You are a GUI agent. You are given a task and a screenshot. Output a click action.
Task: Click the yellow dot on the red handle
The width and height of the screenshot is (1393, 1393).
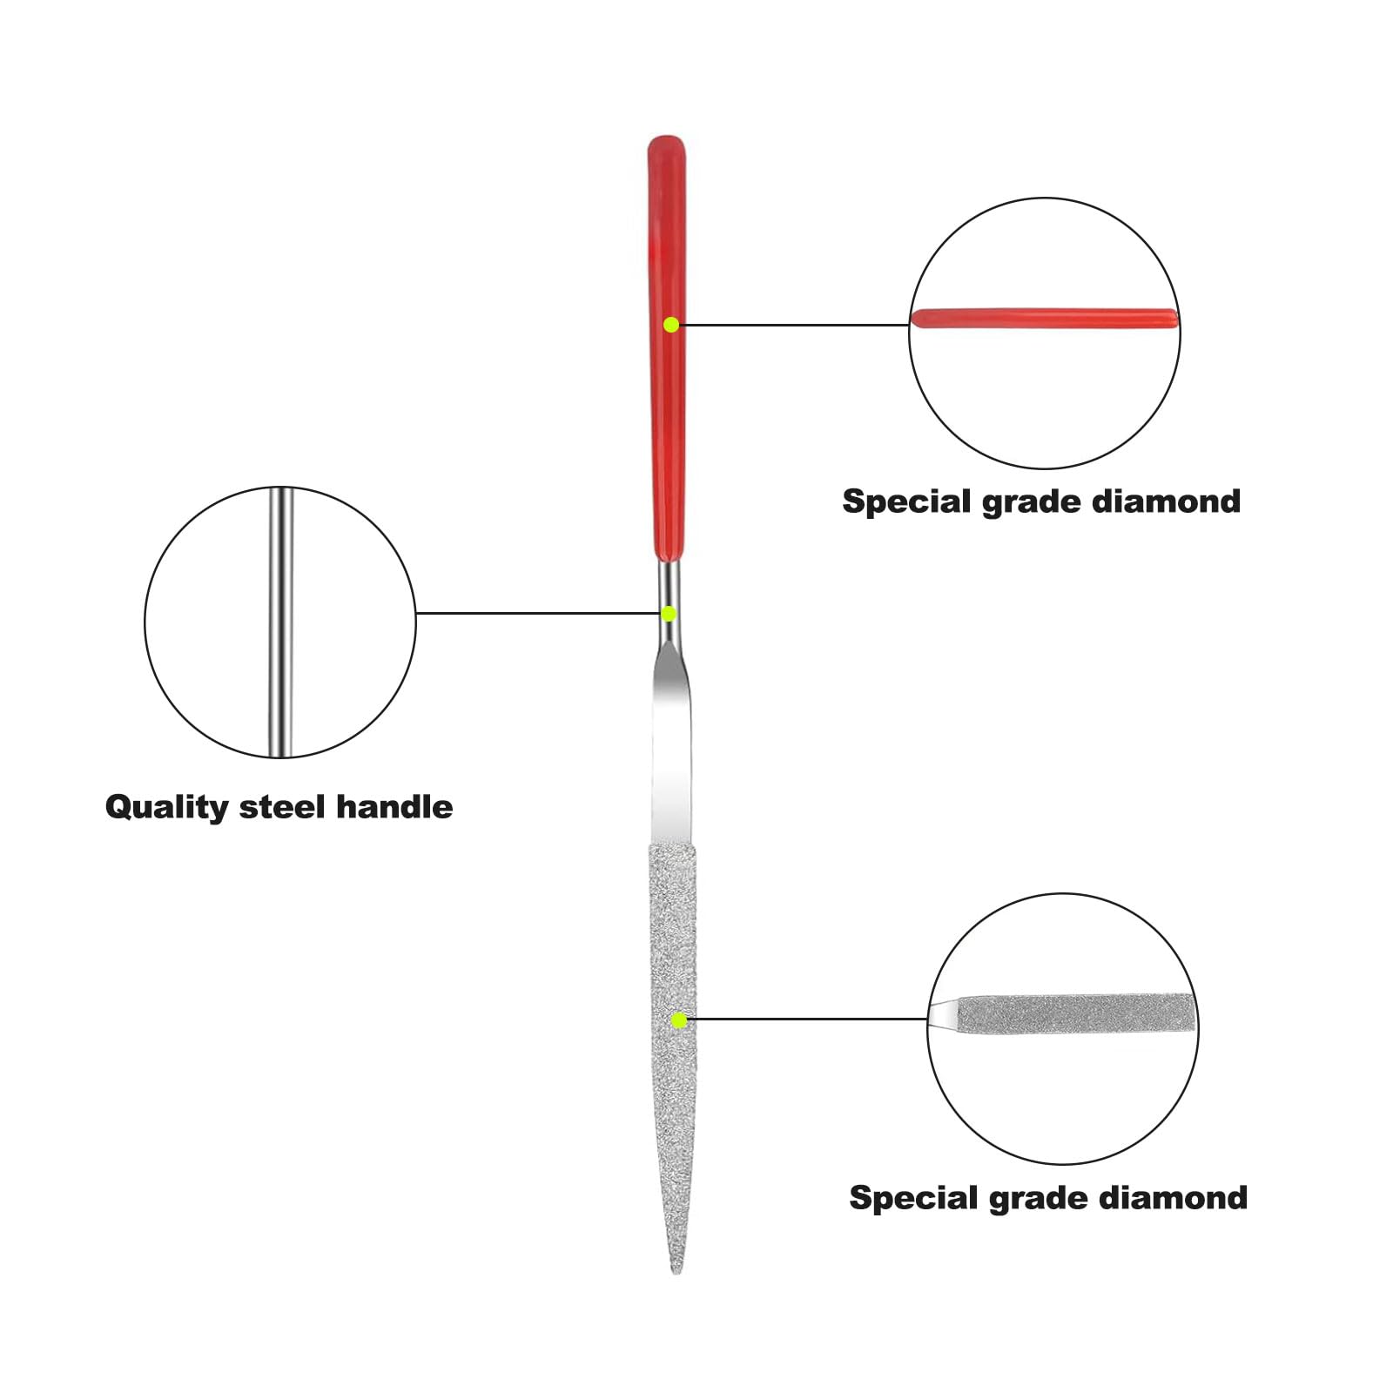671,325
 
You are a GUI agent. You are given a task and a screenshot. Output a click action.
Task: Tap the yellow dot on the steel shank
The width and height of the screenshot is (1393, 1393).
669,614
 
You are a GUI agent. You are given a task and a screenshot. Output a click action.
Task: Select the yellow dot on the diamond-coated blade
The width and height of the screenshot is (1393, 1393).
679,1020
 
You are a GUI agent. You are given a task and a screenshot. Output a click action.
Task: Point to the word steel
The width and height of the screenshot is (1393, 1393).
282,807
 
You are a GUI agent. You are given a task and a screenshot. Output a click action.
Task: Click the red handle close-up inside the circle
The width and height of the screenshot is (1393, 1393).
1045,318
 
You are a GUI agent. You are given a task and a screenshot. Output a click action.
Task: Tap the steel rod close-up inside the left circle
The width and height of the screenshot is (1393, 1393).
280,622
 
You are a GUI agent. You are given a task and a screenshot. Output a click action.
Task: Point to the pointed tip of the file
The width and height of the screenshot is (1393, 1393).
676,1273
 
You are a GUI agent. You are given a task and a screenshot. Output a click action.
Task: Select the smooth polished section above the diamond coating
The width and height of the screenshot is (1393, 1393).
671,749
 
